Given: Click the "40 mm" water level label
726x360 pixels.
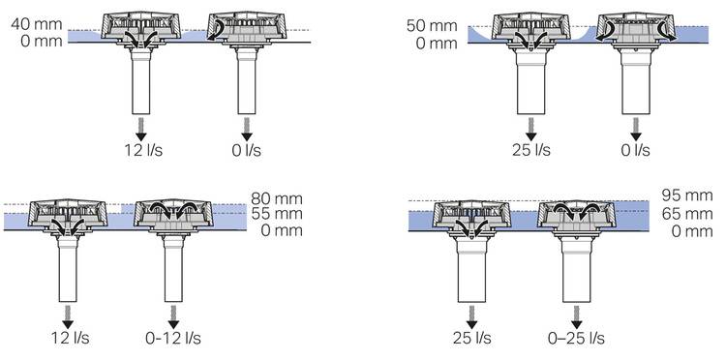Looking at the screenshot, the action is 37,24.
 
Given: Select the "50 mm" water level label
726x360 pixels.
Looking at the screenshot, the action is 432,26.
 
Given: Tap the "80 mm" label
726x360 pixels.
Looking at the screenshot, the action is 277,199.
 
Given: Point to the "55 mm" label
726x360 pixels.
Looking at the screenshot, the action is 277,214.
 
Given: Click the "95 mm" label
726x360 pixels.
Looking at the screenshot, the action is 687,195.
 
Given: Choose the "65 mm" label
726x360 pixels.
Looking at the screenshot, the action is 687,214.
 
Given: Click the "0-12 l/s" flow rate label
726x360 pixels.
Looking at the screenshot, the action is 173,339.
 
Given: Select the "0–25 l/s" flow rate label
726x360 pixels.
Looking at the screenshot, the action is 576,339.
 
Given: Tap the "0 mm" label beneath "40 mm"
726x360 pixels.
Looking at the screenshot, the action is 42,42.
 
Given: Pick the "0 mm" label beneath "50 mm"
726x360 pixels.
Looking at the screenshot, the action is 437,44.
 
